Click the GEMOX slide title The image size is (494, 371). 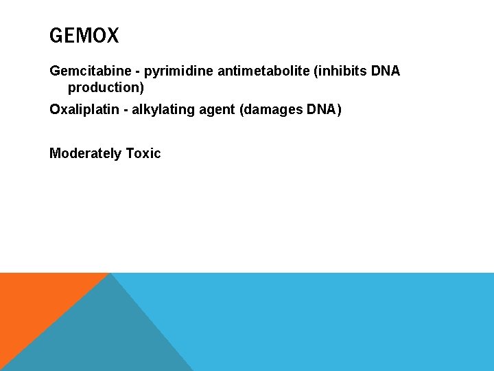point(84,36)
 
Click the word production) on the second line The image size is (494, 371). point(106,88)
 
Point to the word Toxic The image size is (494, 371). point(143,154)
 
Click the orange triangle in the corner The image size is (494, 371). point(34,302)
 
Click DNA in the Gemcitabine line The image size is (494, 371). point(386,71)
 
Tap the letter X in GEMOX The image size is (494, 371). point(113,36)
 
